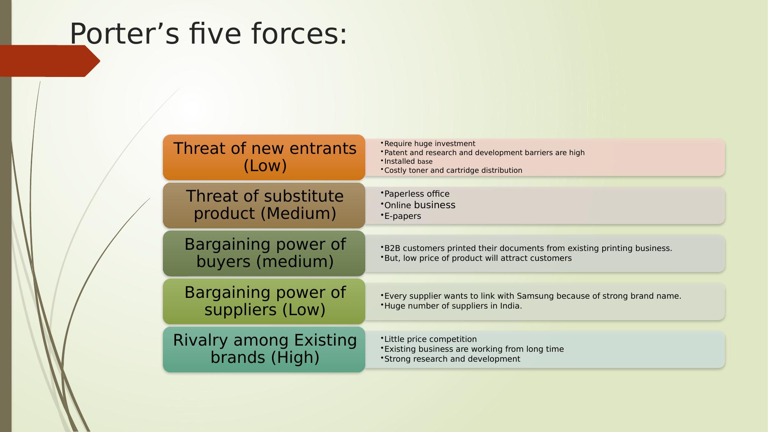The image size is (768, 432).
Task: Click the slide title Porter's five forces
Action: [x=209, y=34]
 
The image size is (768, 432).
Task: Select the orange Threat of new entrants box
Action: [x=264, y=157]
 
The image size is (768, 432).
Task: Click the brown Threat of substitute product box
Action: [x=264, y=205]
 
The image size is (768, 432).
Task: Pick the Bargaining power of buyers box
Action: [x=264, y=253]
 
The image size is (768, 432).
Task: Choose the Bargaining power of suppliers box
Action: [x=264, y=301]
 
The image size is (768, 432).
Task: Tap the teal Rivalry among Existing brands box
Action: [x=264, y=349]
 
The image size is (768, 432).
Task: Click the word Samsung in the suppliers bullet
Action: [x=535, y=296]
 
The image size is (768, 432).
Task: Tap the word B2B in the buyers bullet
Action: [x=392, y=248]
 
